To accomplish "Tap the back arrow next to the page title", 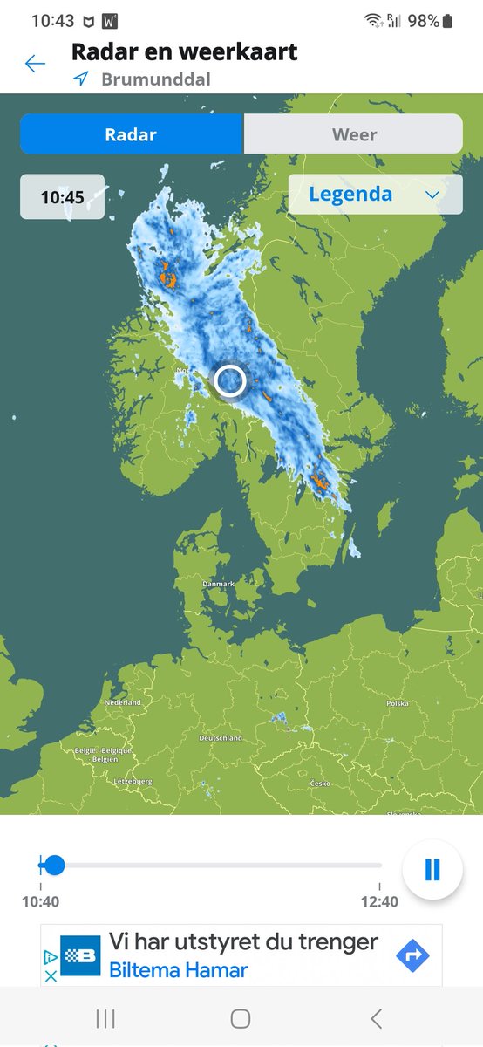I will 35,64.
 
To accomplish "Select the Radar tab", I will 131,134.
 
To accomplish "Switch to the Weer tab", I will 354,134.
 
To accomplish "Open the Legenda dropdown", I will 375,195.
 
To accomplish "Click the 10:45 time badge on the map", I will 62,197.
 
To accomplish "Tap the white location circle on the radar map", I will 230,381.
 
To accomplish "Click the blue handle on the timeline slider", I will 54,866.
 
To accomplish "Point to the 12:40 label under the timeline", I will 380,902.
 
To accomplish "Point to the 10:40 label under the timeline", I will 41,902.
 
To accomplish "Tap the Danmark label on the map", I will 219,585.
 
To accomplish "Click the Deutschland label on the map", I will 221,738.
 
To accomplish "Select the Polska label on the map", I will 398,703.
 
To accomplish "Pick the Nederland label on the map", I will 122,702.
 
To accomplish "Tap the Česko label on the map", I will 320,784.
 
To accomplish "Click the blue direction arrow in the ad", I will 412,956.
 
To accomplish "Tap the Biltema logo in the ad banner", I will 80,955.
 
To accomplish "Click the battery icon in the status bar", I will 447,21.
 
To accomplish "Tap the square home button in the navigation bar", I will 241,1018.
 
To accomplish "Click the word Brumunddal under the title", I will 156,79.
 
